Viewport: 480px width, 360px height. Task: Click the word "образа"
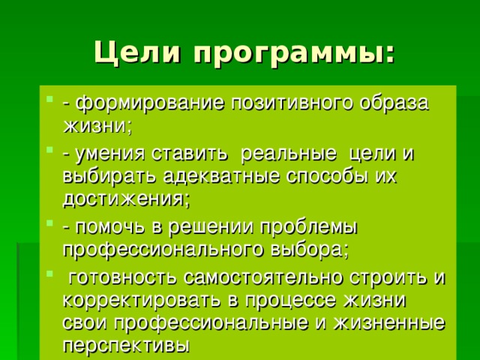(x=394, y=103)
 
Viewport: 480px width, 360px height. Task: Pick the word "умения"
(x=109, y=154)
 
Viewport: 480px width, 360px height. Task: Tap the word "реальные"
(x=288, y=154)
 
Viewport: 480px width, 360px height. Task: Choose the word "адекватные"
(x=221, y=177)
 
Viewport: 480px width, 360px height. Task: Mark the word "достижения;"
(x=127, y=200)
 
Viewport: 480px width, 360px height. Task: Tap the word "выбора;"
(x=310, y=250)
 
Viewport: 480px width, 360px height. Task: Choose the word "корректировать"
(x=142, y=301)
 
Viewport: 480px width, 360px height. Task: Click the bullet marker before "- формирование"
(x=49, y=99)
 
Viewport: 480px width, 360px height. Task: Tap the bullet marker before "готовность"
(x=49, y=273)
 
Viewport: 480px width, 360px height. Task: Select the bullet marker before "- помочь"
(x=49, y=223)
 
